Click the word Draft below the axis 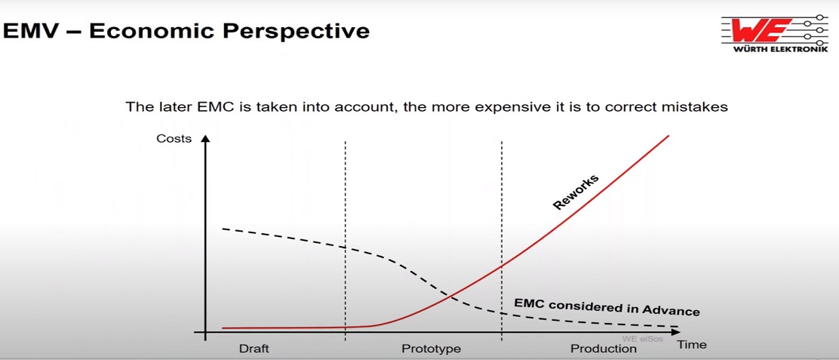click(254, 349)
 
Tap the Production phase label click(604, 349)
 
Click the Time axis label click(692, 344)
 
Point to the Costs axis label click(174, 139)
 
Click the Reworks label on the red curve click(576, 192)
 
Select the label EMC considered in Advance click(607, 306)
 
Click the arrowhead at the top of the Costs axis click(205, 139)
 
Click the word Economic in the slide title click(150, 31)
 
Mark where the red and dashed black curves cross click(450, 297)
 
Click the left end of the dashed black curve click(223, 229)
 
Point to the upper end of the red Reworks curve click(668, 136)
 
